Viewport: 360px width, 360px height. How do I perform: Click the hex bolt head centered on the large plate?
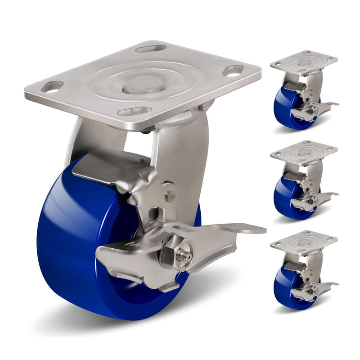[x=143, y=84]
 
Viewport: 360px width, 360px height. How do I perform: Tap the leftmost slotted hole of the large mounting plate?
[x=52, y=86]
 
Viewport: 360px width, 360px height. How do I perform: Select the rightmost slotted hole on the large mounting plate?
[x=233, y=71]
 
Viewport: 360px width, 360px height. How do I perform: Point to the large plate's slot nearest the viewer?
[x=135, y=111]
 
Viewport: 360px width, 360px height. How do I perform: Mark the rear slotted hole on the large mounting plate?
[x=151, y=48]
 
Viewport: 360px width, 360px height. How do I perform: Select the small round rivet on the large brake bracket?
[x=170, y=196]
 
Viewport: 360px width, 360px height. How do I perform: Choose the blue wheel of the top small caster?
[x=283, y=108]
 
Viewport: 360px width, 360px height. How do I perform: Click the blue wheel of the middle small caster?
[x=283, y=198]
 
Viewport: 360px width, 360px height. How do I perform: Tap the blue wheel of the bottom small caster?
[x=283, y=288]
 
